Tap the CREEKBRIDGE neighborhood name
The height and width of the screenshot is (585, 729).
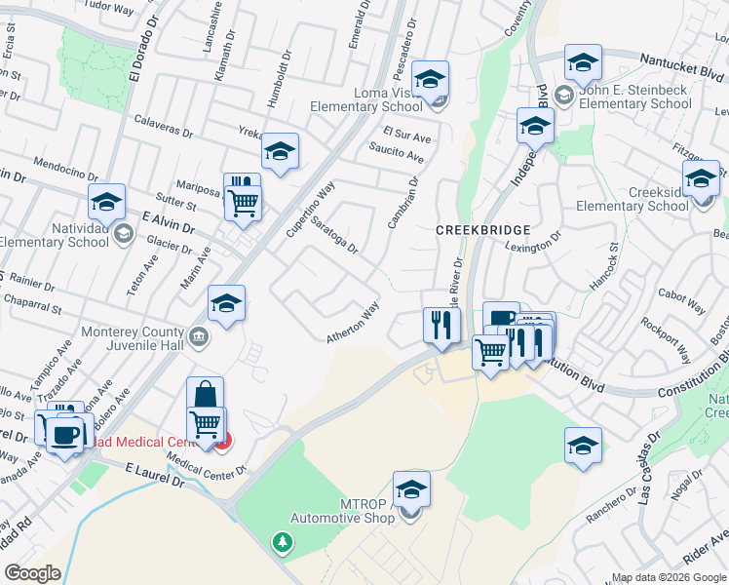[482, 229]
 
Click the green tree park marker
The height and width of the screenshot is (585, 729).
[283, 541]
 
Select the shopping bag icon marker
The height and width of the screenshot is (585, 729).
[205, 395]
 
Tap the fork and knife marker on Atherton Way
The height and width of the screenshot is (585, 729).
[441, 324]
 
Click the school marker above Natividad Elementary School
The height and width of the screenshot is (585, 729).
[107, 202]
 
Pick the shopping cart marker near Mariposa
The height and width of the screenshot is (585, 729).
[243, 203]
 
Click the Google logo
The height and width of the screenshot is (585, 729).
[33, 572]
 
